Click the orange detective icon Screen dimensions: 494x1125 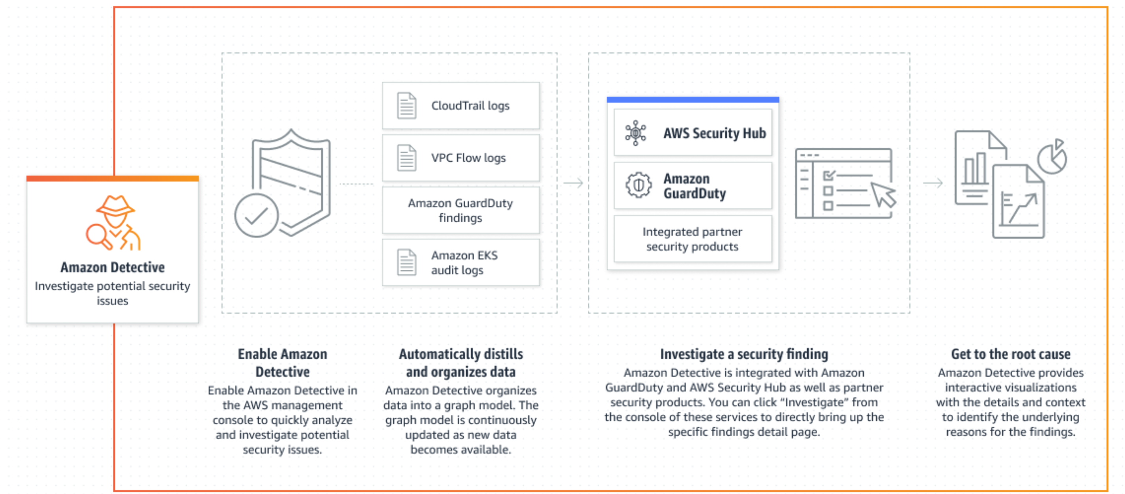[113, 222]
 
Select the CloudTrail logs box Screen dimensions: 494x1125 [461, 106]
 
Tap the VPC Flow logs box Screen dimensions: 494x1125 [461, 158]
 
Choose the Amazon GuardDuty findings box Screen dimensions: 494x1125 [461, 210]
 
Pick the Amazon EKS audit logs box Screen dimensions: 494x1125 [461, 263]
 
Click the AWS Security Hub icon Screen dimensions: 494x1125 [636, 133]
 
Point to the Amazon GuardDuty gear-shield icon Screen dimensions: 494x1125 [638, 185]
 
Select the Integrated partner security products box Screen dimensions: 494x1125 [693, 239]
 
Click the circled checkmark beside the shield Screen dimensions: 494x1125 [256, 215]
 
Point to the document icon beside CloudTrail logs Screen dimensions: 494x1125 [406, 106]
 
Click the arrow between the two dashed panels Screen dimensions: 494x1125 [573, 183]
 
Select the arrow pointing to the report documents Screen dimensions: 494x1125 [933, 183]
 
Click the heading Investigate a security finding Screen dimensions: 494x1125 [744, 354]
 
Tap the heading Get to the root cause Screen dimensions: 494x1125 [1011, 354]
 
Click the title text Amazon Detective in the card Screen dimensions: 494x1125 [113, 267]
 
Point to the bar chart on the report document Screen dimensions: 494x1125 [975, 169]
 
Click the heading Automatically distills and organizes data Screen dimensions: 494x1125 [461, 363]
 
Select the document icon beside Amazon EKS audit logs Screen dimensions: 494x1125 [406, 263]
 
